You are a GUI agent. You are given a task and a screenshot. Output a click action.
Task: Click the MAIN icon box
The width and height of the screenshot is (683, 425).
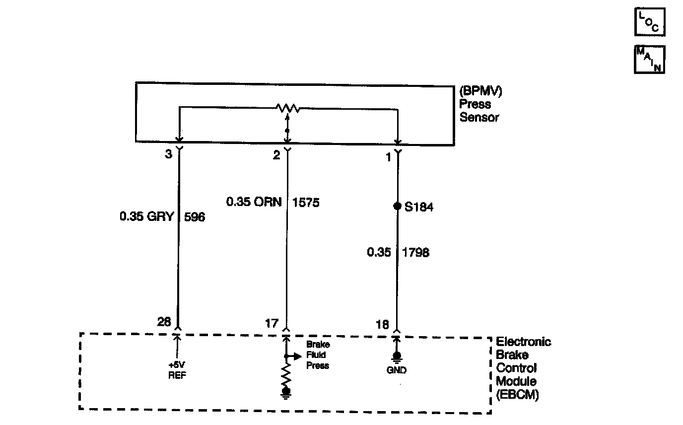tap(649, 60)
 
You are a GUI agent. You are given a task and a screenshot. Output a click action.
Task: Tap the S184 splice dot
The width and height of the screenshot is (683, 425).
tap(397, 206)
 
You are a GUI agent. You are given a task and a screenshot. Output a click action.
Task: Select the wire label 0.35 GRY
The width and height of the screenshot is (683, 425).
tap(146, 216)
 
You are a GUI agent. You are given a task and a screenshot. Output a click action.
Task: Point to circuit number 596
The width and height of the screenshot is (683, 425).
tap(195, 216)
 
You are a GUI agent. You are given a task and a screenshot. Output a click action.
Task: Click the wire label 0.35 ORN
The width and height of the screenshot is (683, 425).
tap(254, 202)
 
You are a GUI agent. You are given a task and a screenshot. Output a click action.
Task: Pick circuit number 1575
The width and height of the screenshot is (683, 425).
tap(306, 202)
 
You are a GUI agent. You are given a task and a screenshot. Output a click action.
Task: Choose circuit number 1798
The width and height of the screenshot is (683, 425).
tap(416, 252)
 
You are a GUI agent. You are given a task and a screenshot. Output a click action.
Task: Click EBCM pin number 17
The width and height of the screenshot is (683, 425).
tap(273, 323)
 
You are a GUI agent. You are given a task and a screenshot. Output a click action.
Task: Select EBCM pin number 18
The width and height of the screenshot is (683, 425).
tap(382, 324)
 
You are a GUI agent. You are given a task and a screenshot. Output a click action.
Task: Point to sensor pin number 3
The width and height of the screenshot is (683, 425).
tap(168, 154)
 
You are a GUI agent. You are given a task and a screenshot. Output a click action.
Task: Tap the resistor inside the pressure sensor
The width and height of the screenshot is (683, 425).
tap(287, 107)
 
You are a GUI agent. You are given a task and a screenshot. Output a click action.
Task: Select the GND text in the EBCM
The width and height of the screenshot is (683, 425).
tap(396, 370)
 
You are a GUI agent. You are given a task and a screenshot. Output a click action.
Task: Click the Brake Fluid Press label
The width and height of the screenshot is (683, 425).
tap(318, 355)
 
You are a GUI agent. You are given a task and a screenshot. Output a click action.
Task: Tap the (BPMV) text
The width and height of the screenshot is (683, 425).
tap(480, 91)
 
